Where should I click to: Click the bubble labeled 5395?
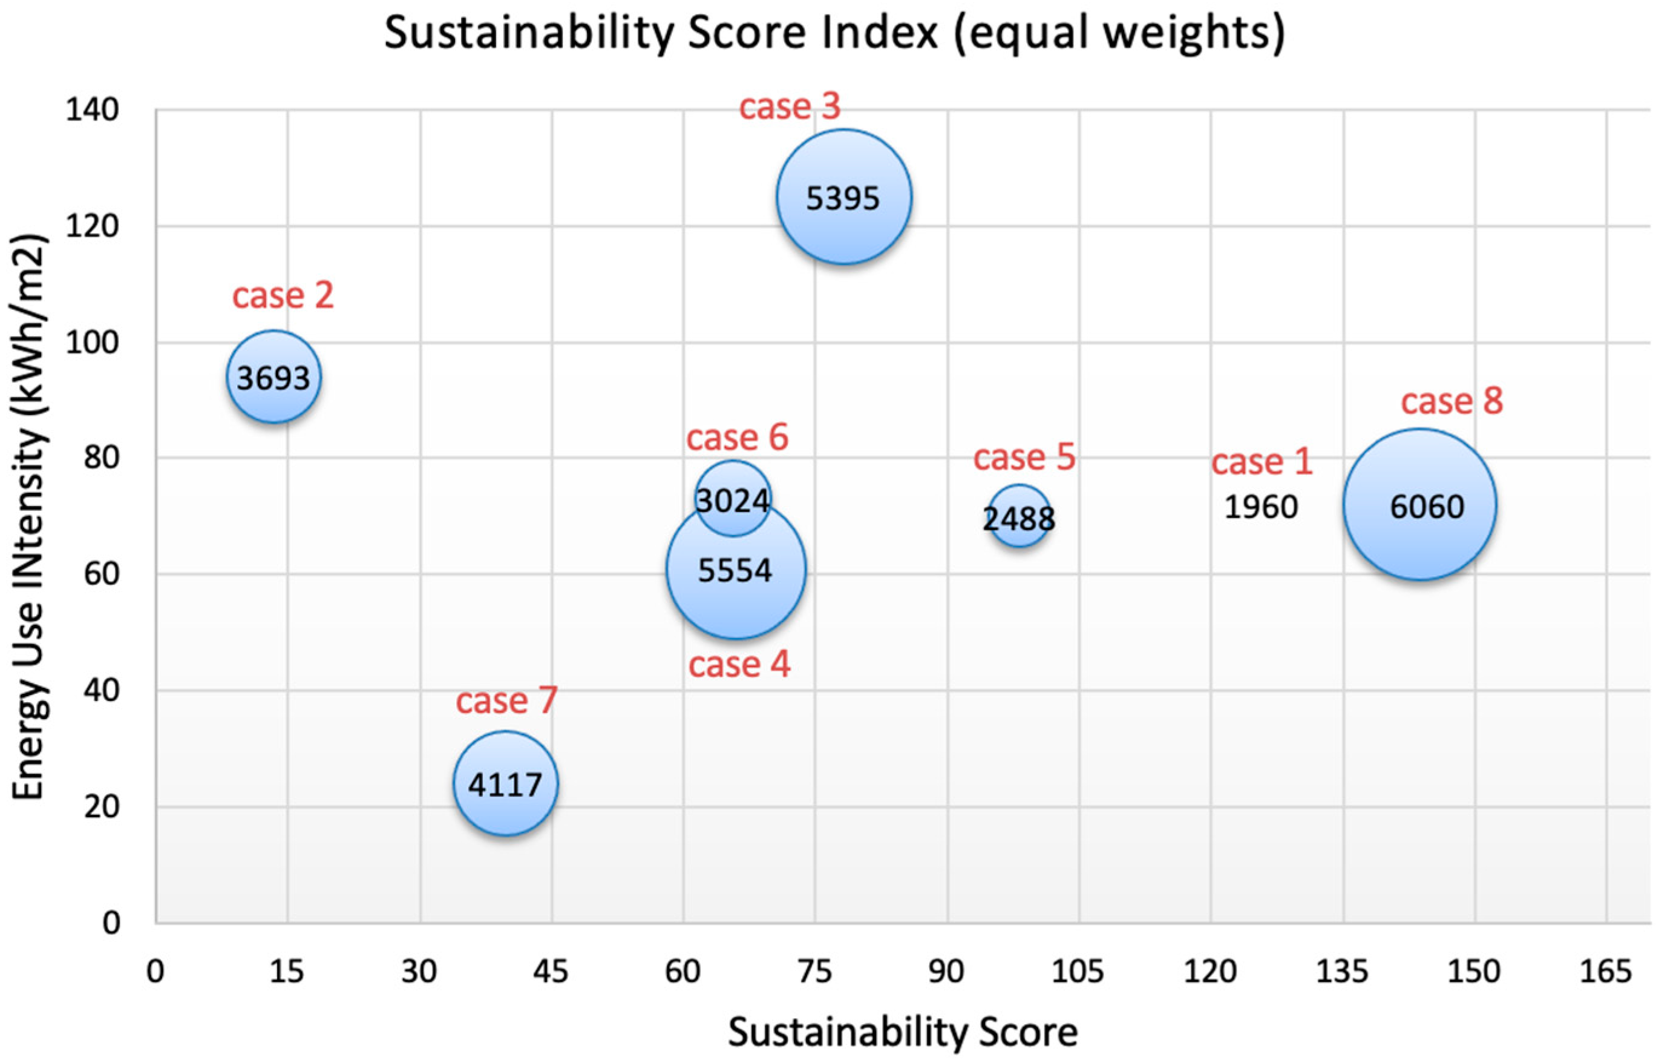(843, 197)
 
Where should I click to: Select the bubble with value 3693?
(274, 378)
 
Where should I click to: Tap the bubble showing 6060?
(1419, 505)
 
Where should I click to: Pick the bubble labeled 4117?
(505, 784)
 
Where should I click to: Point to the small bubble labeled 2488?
(1019, 517)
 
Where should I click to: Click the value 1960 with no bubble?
(1261, 507)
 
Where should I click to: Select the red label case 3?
(790, 107)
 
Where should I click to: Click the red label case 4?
(739, 665)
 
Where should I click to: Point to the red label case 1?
(1261, 462)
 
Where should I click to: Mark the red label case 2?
(283, 295)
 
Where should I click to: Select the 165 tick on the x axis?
(1606, 972)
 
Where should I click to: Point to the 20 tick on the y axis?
(100, 807)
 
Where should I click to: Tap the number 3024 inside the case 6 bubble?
(732, 501)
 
